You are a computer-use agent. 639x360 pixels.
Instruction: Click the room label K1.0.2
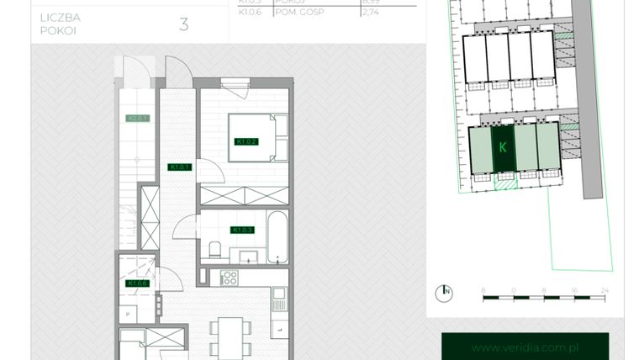click(x=246, y=142)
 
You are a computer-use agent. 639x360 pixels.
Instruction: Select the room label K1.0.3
click(x=243, y=230)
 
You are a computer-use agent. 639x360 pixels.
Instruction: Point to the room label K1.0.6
click(x=137, y=283)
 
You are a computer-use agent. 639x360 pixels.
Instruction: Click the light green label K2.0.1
click(x=137, y=119)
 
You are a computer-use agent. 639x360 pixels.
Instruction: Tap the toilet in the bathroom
click(x=215, y=249)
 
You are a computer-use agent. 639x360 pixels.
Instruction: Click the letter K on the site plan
click(x=503, y=147)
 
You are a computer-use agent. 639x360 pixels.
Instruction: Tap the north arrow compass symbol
click(x=443, y=294)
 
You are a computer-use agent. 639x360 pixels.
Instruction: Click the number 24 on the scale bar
click(x=603, y=289)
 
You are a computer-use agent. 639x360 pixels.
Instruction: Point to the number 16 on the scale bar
click(x=573, y=289)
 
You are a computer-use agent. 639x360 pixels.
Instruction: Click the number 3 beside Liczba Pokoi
click(x=183, y=24)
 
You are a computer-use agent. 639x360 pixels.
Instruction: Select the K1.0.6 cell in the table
click(x=251, y=13)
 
